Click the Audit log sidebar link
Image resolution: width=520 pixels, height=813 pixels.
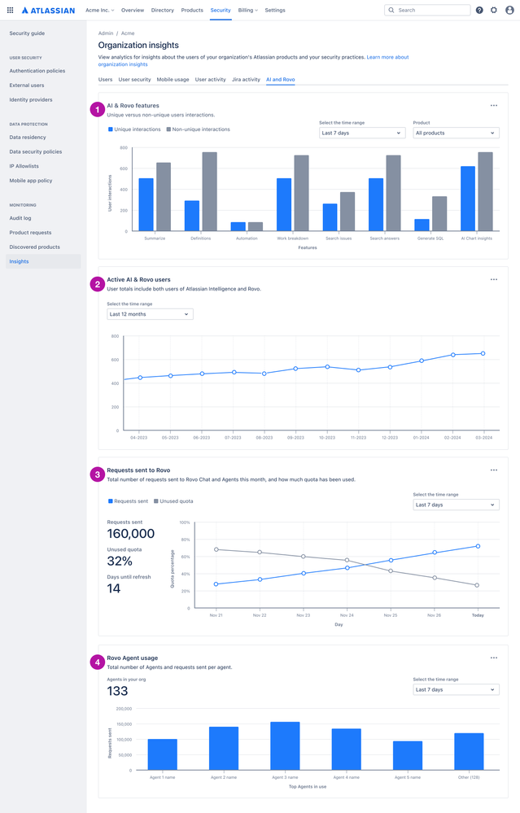(20, 218)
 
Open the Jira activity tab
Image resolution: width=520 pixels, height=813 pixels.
(246, 80)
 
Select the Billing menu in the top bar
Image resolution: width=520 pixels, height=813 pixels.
(247, 10)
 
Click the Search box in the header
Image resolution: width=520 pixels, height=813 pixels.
(427, 10)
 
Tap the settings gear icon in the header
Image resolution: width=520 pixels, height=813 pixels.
(494, 10)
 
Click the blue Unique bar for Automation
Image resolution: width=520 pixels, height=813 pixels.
(238, 226)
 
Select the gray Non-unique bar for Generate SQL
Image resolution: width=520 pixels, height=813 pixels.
(439, 213)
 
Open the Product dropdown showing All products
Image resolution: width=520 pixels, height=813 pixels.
(456, 133)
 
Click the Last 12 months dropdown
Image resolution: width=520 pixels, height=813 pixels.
(150, 314)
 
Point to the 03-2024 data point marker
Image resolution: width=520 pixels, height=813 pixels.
(483, 353)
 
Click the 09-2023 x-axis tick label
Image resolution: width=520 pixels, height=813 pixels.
(296, 437)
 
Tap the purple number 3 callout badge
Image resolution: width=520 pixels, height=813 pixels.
(98, 474)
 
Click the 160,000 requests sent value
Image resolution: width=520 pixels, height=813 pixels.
(131, 534)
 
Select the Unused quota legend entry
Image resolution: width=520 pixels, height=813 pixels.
(173, 501)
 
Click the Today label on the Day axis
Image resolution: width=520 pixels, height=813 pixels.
(478, 615)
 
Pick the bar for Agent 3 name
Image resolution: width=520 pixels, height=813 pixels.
(285, 746)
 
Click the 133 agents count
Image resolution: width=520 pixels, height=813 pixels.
(117, 691)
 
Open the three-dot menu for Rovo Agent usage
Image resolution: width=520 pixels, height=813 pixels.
(493, 658)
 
